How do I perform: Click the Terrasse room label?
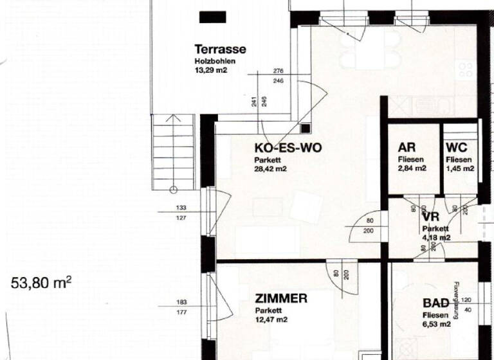[x=220, y=50]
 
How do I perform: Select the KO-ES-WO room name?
[x=288, y=148]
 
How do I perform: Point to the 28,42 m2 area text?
[x=271, y=169]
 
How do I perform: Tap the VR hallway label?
[x=430, y=217]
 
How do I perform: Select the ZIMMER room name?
[x=281, y=298]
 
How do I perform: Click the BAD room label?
[x=435, y=303]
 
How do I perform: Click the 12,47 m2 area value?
[x=271, y=319]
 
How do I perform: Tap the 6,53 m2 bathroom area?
[x=436, y=325]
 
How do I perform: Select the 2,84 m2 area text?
[x=412, y=168]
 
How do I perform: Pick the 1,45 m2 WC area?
[x=460, y=168]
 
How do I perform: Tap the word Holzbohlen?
[x=215, y=62]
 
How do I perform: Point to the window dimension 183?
[x=181, y=303]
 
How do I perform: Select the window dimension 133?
[x=181, y=208]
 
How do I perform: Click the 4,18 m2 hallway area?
[x=436, y=237]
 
